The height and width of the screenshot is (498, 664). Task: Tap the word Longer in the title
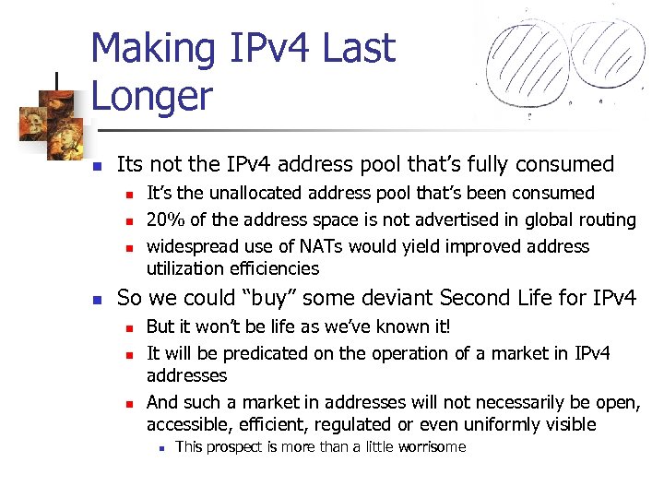point(152,97)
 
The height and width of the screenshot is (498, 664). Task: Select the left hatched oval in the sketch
point(527,60)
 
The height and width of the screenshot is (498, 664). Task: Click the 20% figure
point(164,219)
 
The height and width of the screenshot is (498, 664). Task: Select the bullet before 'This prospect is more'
point(161,448)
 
